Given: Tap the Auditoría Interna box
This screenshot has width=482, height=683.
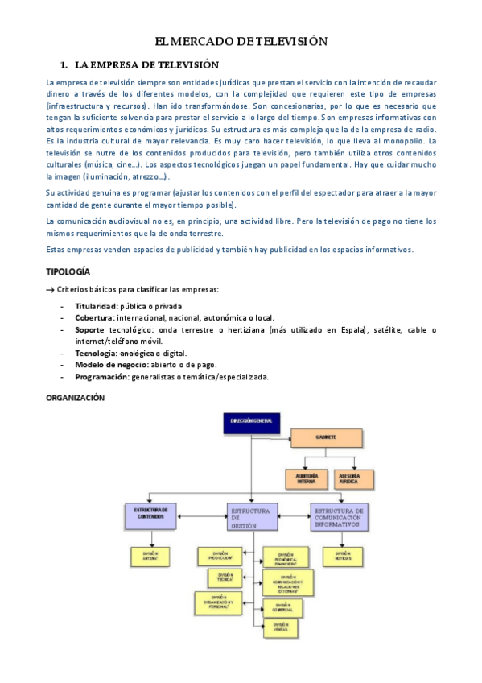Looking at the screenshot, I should [307, 478].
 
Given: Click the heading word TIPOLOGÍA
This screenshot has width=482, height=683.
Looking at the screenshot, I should [68, 272].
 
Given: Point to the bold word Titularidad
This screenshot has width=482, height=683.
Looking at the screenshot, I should [97, 306].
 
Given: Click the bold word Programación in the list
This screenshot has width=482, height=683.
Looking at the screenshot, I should [102, 376].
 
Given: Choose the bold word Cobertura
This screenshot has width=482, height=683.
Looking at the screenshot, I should [94, 318].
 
